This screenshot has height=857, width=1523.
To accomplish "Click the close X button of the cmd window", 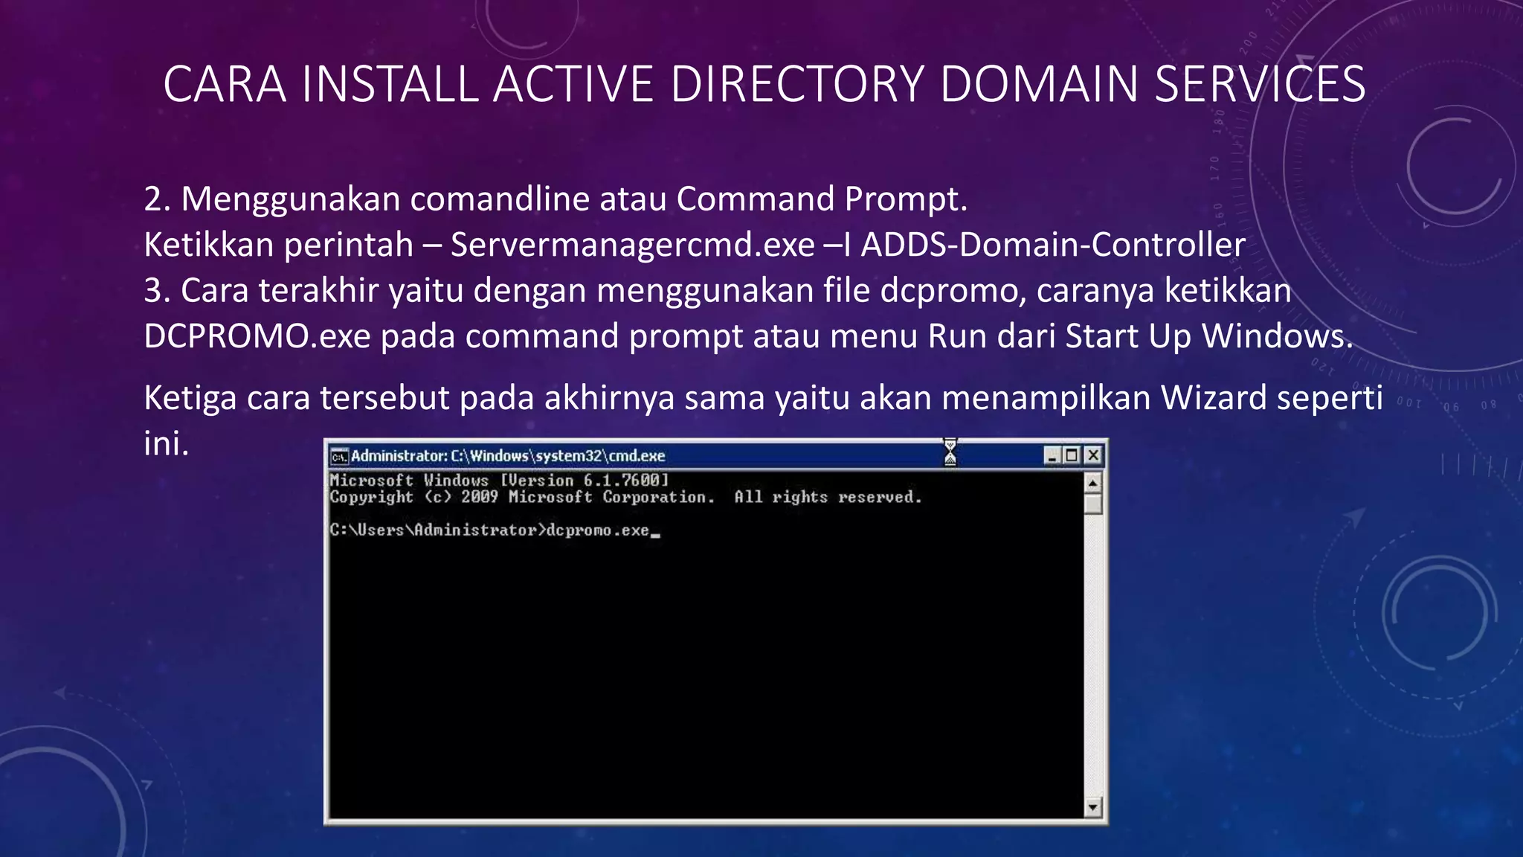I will [x=1092, y=455].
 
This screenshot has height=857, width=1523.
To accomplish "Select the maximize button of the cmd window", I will [x=1072, y=455].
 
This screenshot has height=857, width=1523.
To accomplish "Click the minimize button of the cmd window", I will [x=1052, y=455].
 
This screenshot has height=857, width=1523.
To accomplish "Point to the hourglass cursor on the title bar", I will [x=950, y=452].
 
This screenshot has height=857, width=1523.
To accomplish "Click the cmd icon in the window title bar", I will [x=339, y=456].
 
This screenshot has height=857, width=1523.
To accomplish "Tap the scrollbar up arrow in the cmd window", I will [x=1092, y=484].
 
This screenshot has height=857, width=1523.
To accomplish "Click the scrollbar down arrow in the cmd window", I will [x=1092, y=806].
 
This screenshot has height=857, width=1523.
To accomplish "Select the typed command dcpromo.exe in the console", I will [x=598, y=530].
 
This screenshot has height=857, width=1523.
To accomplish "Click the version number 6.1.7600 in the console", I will [x=622, y=481].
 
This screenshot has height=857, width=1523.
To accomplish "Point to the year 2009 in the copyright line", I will [x=479, y=497].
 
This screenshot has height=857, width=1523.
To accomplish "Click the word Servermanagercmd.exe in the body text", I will [x=632, y=245].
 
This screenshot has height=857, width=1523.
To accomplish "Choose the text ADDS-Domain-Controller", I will [x=1053, y=245].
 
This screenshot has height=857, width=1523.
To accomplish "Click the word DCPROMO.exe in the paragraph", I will [x=257, y=336].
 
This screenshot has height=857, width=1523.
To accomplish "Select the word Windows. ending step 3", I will [x=1278, y=336].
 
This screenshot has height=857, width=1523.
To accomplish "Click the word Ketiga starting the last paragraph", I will [x=190, y=398].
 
